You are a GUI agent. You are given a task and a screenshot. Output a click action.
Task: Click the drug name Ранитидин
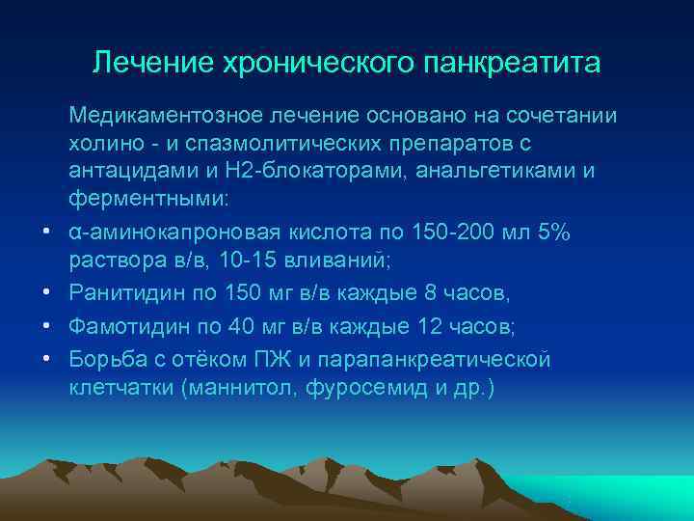pyautogui.click(x=120, y=292)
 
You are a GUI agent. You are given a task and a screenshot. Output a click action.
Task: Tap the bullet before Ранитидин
pyautogui.click(x=46, y=293)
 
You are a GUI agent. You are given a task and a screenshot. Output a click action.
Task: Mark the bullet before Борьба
pyautogui.click(x=46, y=361)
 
